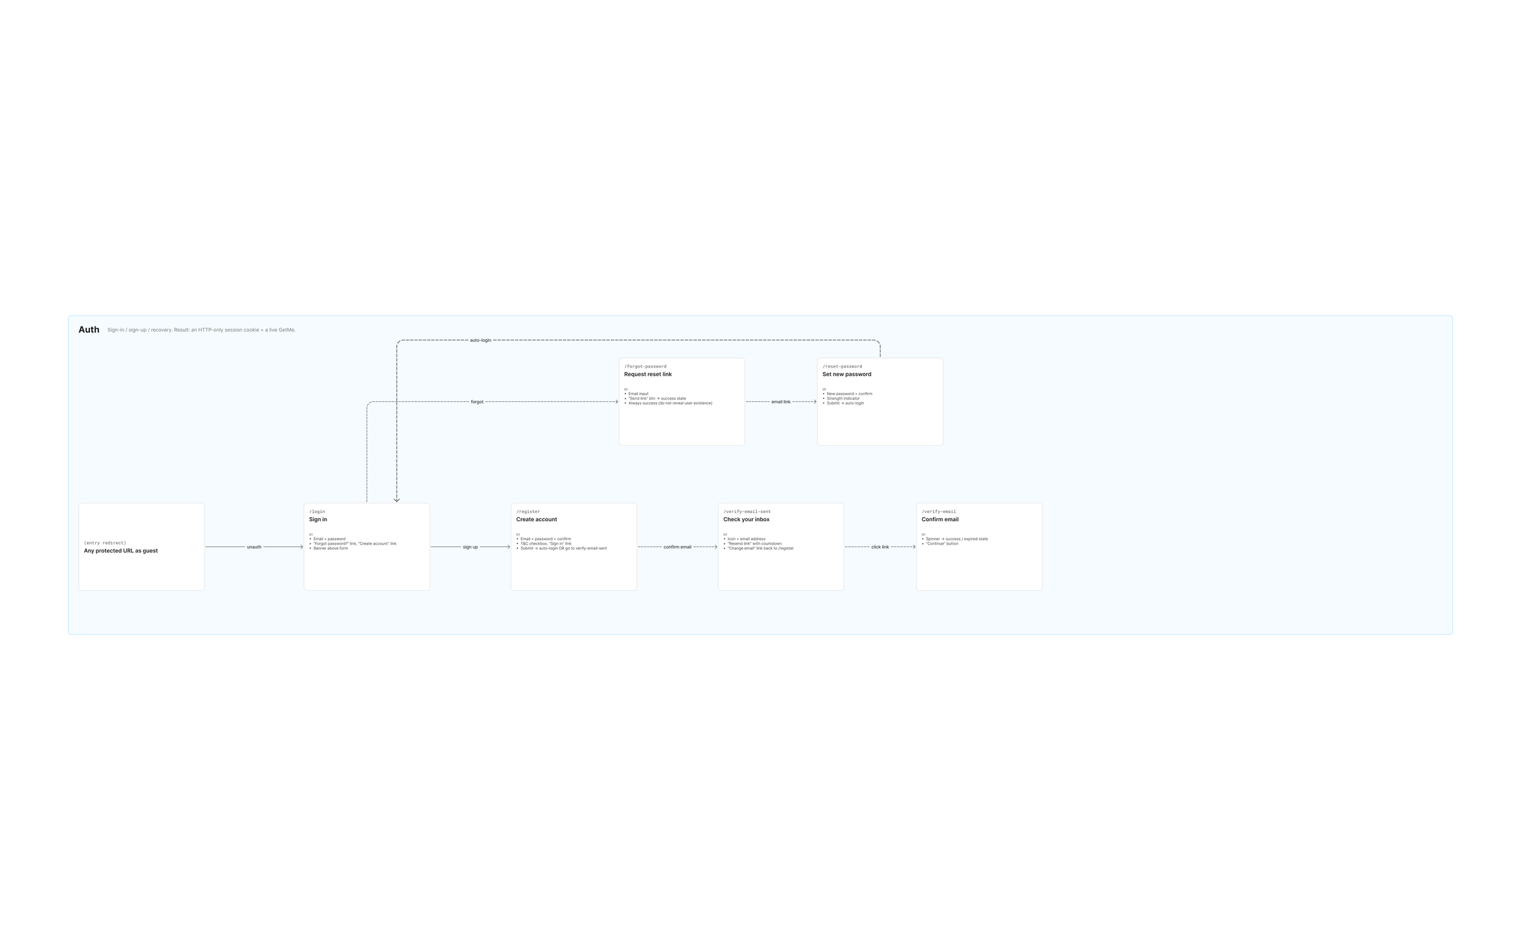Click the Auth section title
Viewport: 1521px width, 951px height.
[89, 330]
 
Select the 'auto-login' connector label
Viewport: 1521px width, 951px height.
[480, 340]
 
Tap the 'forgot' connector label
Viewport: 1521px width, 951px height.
[477, 402]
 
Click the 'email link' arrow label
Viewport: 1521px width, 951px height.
[781, 402]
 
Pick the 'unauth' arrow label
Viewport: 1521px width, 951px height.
[254, 547]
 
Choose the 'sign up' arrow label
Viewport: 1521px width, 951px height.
[470, 547]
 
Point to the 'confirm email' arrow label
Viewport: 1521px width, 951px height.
[677, 547]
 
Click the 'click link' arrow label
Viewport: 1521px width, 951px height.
[880, 547]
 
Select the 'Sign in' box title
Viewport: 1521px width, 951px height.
[318, 520]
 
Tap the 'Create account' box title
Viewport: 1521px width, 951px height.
[537, 520]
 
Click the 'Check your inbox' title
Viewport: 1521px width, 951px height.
[747, 520]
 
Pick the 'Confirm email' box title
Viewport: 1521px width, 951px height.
[940, 520]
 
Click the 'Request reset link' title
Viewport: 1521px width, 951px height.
[648, 375]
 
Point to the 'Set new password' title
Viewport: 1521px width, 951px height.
[847, 375]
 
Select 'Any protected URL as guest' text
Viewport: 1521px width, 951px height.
[121, 551]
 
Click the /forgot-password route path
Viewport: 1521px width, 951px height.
[645, 366]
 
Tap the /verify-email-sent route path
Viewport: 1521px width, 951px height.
[747, 512]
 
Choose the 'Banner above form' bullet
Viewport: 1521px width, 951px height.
[331, 548]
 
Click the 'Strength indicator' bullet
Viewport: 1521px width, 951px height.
[843, 399]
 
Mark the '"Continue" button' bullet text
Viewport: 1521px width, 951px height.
[942, 544]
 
